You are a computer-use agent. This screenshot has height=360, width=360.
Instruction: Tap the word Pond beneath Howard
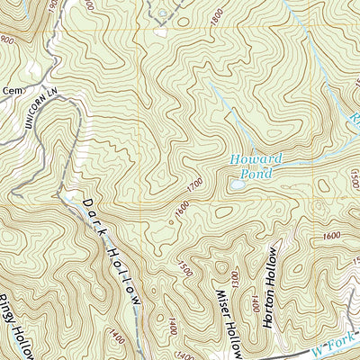point(257,173)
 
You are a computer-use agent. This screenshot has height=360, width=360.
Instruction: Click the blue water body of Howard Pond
point(237,183)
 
